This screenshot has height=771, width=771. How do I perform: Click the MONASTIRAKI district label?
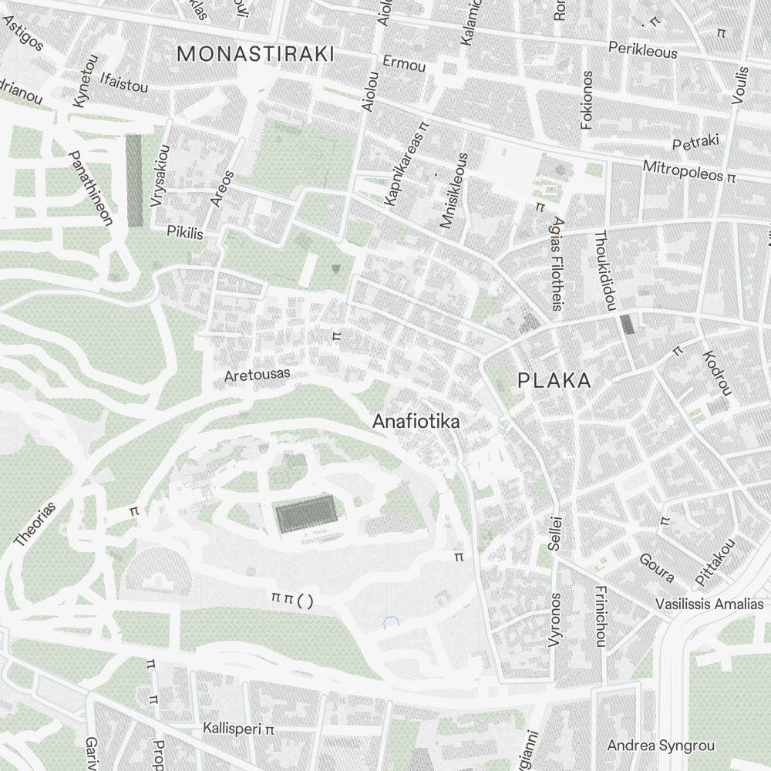(x=255, y=54)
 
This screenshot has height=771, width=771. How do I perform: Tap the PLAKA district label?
(x=554, y=380)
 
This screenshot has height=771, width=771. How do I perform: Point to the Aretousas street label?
(x=258, y=375)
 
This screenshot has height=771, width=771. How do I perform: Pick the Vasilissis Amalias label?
(x=709, y=604)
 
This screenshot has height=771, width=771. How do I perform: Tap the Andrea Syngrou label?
(x=661, y=746)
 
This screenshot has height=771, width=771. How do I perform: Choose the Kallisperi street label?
(x=232, y=728)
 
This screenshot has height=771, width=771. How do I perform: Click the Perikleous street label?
(x=642, y=49)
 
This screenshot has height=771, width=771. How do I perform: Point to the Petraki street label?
(x=695, y=143)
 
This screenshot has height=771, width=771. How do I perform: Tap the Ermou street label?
(x=404, y=65)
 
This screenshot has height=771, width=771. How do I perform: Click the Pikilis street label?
(x=185, y=231)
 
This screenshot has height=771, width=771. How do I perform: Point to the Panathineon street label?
(x=92, y=188)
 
